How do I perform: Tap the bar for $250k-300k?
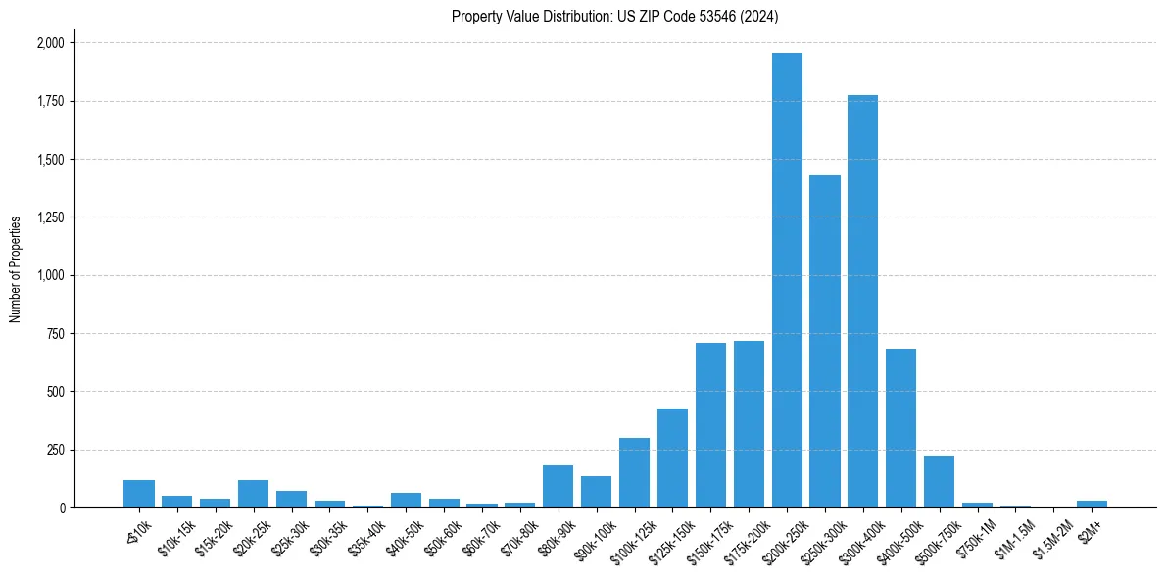click(825, 342)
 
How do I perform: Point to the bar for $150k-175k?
click(710, 425)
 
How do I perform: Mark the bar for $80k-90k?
click(559, 487)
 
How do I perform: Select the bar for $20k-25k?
click(254, 494)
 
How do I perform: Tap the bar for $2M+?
click(1092, 504)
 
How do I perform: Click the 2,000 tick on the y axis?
click(50, 43)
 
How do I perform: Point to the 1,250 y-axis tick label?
click(50, 217)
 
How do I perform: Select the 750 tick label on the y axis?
click(56, 334)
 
